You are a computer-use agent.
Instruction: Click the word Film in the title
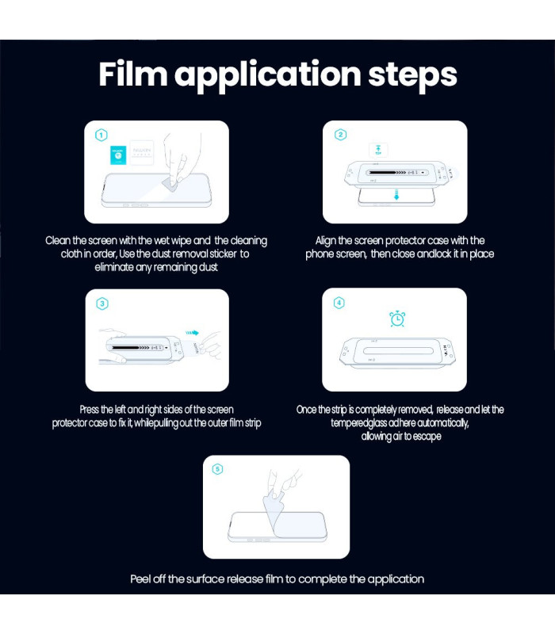tap(133, 74)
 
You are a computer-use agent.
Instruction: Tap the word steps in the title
tap(412, 74)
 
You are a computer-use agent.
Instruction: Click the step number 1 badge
tap(101, 135)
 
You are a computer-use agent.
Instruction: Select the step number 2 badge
tap(341, 134)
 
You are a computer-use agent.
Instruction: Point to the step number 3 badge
tap(102, 304)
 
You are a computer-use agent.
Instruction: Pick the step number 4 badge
tap(339, 303)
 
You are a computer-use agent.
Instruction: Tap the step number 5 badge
tap(217, 469)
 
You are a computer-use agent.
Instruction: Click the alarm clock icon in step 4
tap(397, 319)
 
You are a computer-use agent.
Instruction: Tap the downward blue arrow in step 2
tap(396, 194)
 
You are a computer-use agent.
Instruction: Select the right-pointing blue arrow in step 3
tap(192, 333)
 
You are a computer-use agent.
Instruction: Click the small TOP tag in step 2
tap(378, 150)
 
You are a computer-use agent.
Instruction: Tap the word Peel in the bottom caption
tap(141, 579)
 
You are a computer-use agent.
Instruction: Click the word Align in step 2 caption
tap(325, 241)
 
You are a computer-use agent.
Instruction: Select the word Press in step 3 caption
tap(89, 410)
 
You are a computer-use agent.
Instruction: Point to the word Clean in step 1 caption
tap(58, 241)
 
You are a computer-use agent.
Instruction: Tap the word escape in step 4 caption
tap(427, 437)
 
